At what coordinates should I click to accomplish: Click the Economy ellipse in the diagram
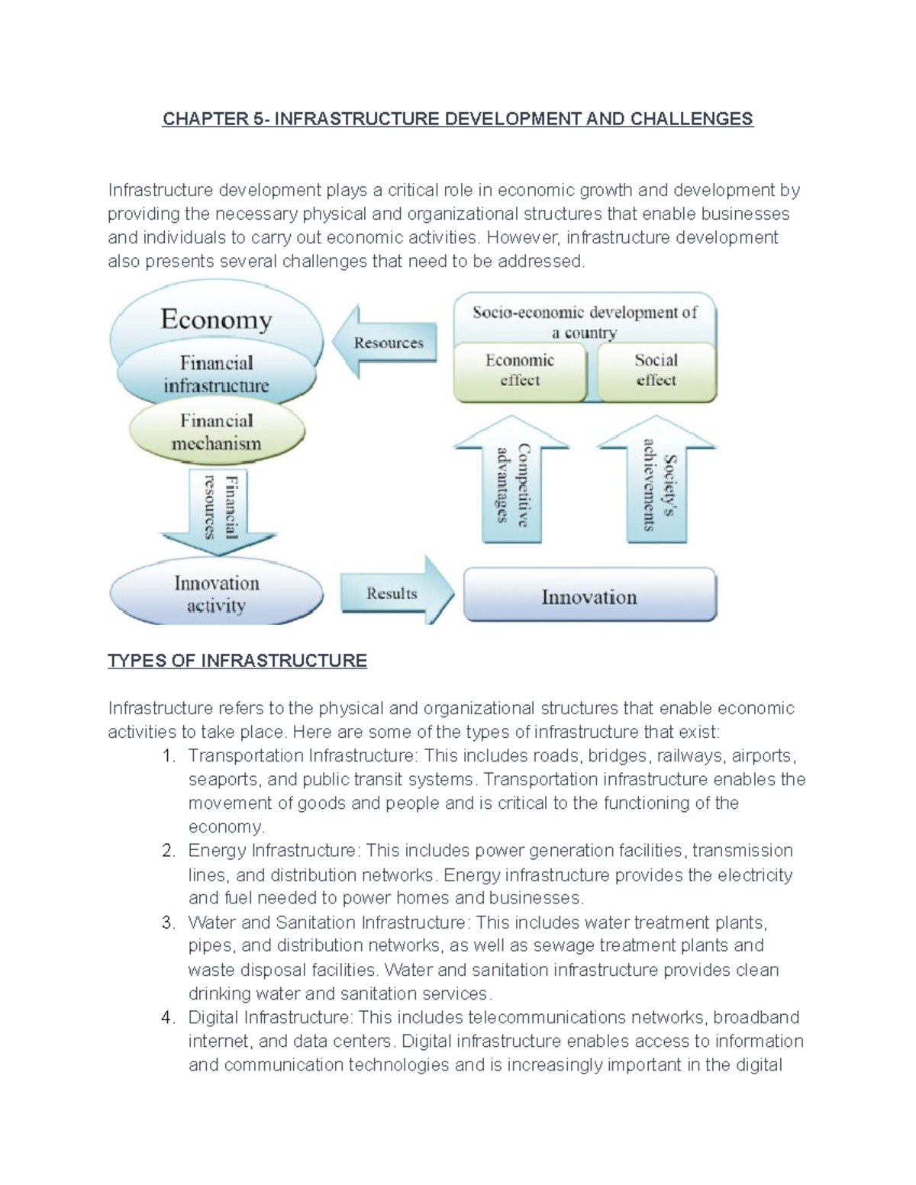216,319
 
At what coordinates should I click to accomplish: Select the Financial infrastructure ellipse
216,374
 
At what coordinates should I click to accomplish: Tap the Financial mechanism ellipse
216,432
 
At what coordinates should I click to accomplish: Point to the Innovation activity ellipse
216,594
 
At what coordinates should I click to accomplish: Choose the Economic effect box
520,371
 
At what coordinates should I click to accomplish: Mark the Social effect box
656,371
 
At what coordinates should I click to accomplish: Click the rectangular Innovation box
589,596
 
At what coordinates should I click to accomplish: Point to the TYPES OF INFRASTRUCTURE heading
237,661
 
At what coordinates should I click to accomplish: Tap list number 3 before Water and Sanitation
169,923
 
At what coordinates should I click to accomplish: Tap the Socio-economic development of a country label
585,321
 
